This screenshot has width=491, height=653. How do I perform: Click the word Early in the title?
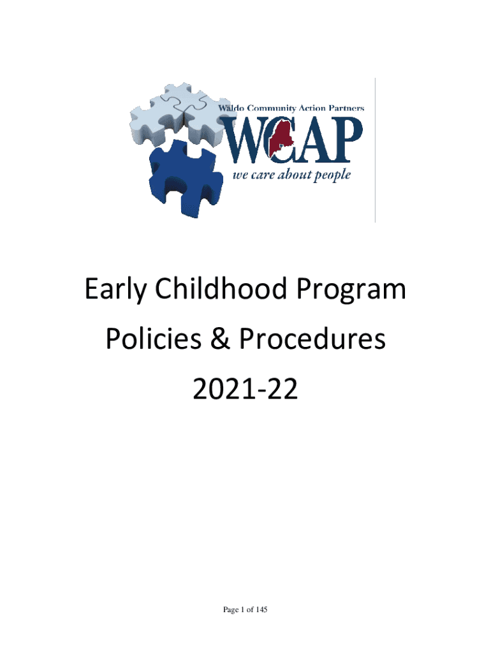point(115,289)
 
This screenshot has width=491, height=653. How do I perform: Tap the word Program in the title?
point(351,290)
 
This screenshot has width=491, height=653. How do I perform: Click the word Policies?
point(154,338)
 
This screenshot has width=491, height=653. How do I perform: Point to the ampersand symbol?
point(220,339)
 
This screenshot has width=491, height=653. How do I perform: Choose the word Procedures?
point(312,338)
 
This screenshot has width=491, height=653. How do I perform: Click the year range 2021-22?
point(246,389)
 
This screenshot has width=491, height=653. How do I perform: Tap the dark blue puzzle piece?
point(184,179)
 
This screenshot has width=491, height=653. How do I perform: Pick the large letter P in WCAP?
point(345,139)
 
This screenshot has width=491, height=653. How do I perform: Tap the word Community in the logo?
point(272,108)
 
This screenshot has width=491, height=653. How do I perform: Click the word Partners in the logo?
point(346,108)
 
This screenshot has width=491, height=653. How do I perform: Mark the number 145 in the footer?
point(261,609)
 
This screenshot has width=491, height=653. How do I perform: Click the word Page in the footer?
point(231,610)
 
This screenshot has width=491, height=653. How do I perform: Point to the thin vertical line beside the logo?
point(375,150)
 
